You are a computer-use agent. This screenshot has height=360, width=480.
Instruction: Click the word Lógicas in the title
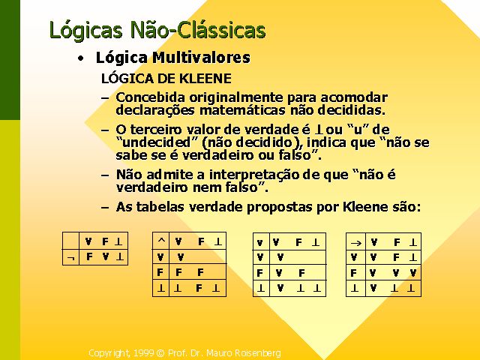[85, 30]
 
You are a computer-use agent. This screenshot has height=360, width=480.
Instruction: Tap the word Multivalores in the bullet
[202, 57]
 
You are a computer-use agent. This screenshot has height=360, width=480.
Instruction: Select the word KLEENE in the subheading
[205, 79]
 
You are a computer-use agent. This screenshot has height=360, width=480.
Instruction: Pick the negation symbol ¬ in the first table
[70, 258]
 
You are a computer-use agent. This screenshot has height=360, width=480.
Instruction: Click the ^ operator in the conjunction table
[161, 240]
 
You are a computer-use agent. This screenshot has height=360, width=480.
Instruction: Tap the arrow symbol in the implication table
[356, 243]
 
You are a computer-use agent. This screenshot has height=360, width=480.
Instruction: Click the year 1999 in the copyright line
[143, 353]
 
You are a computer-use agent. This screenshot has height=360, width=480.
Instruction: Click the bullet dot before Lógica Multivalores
[80, 58]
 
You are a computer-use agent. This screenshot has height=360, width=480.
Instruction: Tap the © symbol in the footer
[160, 353]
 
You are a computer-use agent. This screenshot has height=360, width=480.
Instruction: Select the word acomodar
[354, 97]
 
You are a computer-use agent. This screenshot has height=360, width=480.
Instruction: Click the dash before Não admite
[105, 175]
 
